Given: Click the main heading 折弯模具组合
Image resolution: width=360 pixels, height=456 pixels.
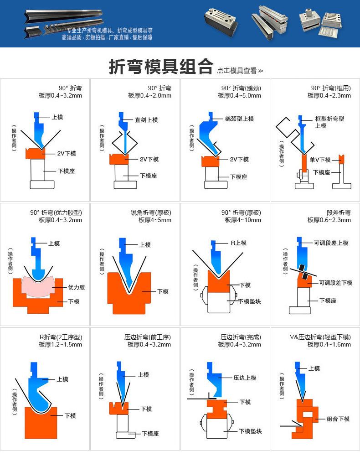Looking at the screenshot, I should [x=160, y=67].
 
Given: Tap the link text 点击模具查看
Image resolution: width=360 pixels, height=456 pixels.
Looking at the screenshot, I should [x=240, y=71].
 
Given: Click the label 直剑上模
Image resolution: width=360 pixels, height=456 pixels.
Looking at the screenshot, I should [x=146, y=120].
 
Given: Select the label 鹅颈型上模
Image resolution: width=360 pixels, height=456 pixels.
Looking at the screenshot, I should [x=239, y=119].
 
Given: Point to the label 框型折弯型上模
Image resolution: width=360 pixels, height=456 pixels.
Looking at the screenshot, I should [x=329, y=122].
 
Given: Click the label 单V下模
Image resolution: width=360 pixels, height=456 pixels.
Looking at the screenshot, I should [x=320, y=160].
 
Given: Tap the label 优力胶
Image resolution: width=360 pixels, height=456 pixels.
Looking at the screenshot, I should [x=76, y=287].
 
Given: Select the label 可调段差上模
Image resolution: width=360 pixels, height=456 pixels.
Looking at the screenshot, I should [x=331, y=243].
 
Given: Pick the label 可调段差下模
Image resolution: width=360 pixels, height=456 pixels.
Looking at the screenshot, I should [x=335, y=283].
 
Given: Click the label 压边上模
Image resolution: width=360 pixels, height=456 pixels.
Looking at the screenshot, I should [x=245, y=378].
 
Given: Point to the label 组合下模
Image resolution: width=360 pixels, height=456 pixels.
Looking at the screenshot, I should [x=338, y=419].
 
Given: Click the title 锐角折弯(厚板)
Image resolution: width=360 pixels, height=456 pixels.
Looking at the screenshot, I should [x=151, y=213].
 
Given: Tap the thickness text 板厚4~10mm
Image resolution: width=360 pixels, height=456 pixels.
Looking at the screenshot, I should [x=243, y=220].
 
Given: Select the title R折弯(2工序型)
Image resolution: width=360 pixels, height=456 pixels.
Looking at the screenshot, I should [x=61, y=337].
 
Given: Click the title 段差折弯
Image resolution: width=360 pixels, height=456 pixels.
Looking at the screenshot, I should [x=339, y=213].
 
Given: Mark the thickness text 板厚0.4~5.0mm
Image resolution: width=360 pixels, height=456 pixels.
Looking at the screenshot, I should [x=239, y=96].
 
